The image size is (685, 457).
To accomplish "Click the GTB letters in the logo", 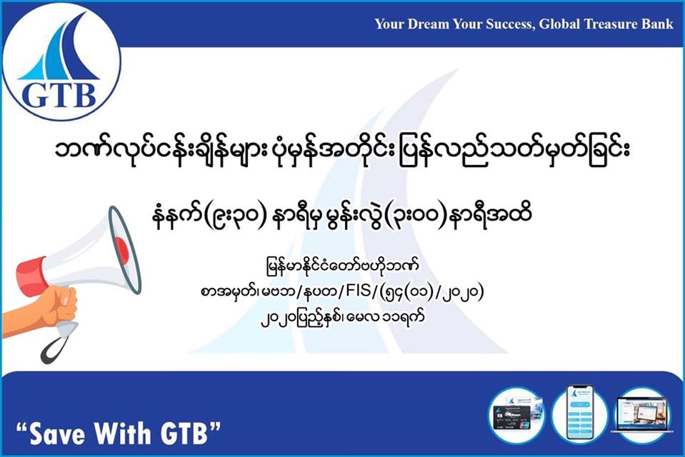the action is pyautogui.click(x=59, y=95).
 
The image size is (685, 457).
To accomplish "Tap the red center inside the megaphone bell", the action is pyautogui.click(x=122, y=251).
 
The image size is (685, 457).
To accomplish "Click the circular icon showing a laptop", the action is pyautogui.click(x=642, y=413).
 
